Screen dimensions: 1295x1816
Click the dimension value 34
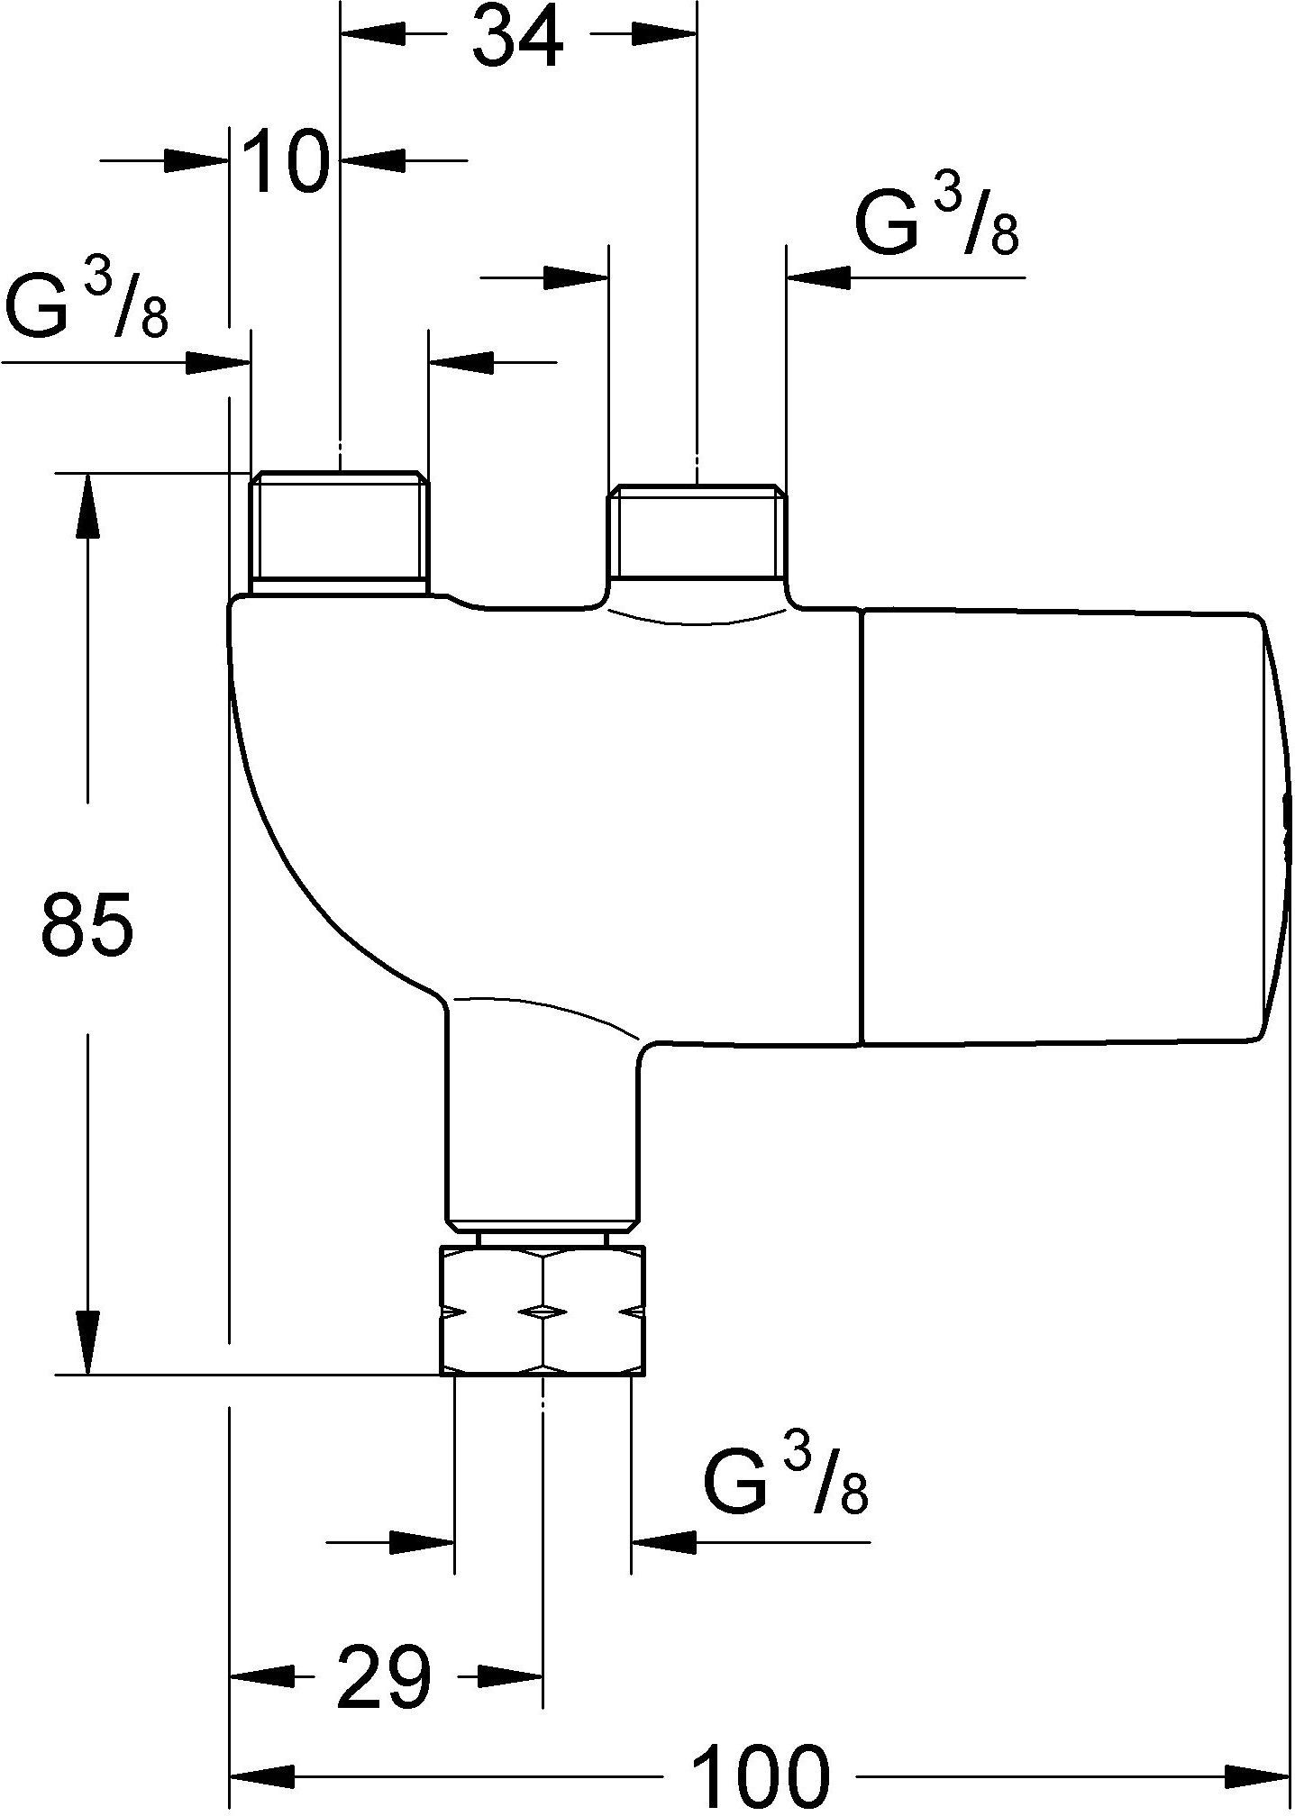point(519,37)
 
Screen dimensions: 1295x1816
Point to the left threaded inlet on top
point(339,532)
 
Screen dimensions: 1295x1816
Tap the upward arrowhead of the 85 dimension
point(87,505)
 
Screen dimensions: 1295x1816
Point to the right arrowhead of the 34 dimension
point(664,35)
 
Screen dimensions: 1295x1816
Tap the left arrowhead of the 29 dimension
point(264,1676)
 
